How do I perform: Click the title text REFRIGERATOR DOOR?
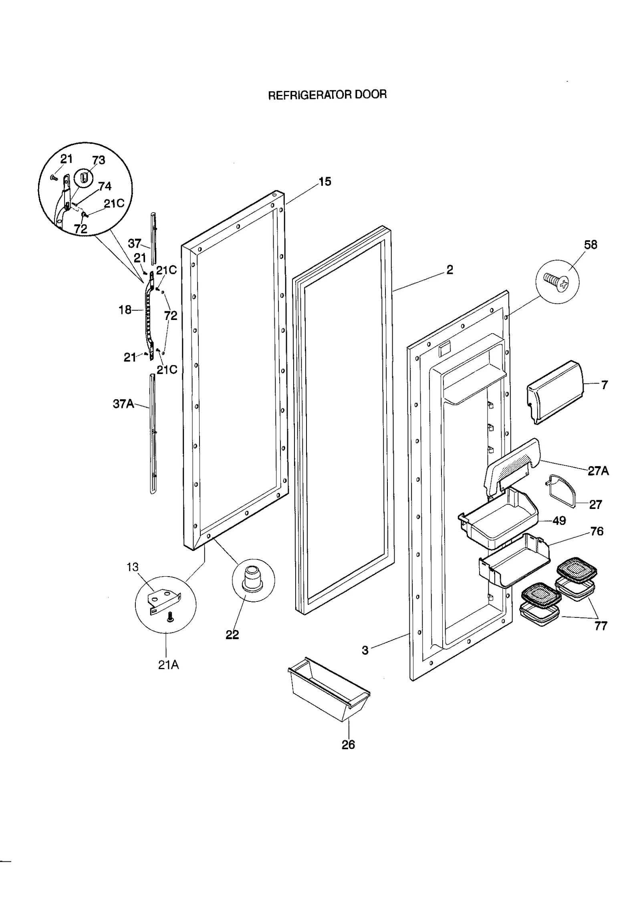327,95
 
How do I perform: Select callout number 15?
325,182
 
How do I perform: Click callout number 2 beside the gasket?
450,270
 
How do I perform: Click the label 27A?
598,471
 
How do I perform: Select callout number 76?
597,531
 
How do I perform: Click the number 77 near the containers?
601,625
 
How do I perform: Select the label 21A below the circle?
168,665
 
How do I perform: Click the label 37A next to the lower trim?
123,404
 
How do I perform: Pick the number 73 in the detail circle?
98,160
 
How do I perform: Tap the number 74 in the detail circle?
105,186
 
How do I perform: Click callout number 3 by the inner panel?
365,650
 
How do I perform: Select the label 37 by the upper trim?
134,243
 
